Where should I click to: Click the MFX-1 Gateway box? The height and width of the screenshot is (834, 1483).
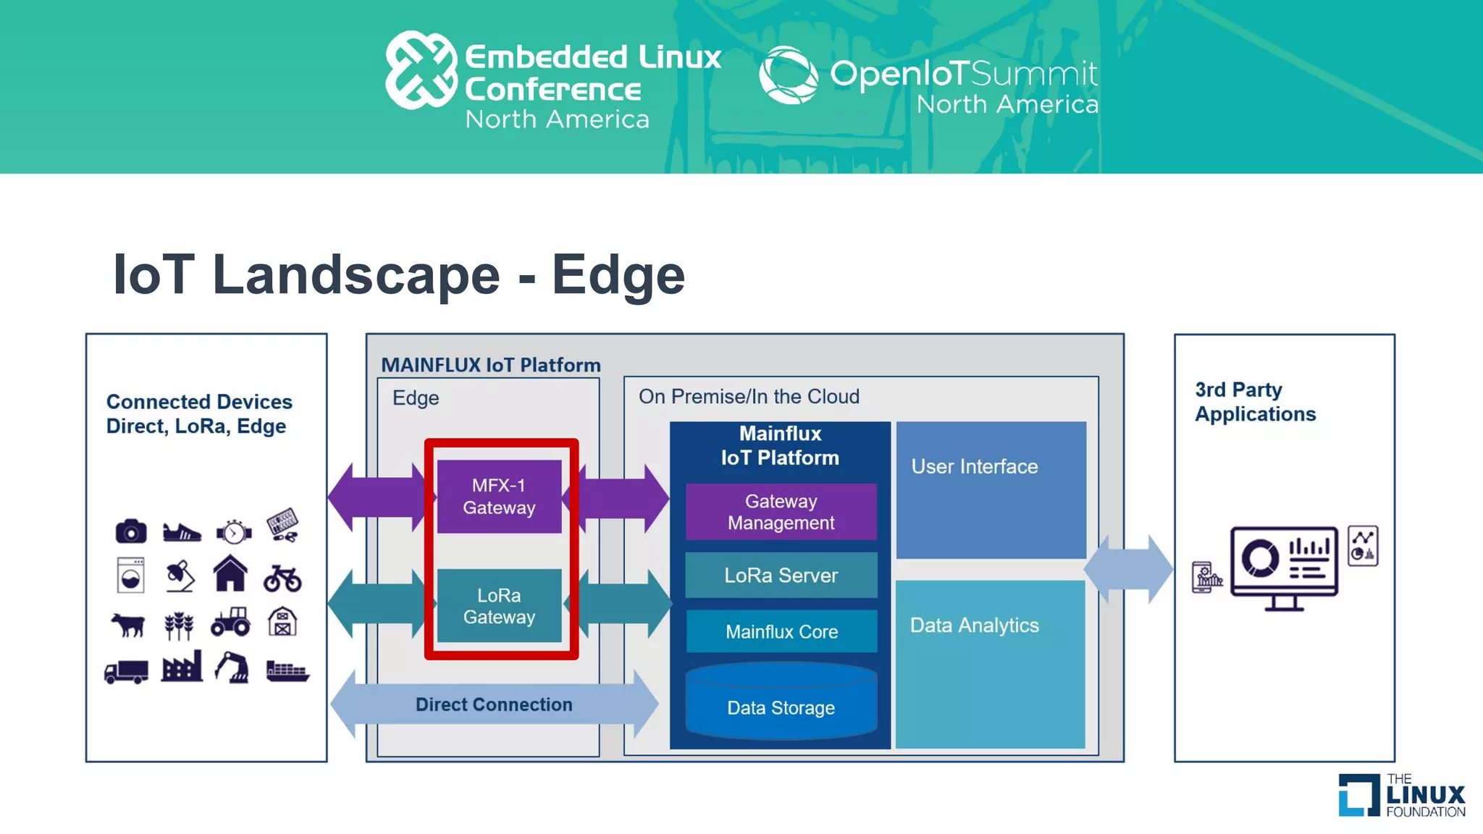499,497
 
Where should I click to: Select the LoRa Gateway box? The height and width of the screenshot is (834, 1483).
499,606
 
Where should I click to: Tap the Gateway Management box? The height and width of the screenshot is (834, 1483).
781,512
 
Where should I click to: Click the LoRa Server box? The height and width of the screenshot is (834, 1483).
781,576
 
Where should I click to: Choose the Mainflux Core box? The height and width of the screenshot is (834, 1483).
781,631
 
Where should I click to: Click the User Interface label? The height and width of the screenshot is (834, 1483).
974,467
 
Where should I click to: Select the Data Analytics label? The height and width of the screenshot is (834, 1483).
974,625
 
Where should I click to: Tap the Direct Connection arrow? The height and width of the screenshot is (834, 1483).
494,704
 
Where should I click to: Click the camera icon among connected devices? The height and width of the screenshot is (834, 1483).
131,531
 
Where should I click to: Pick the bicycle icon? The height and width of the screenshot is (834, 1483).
282,578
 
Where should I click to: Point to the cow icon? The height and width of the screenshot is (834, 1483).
129,624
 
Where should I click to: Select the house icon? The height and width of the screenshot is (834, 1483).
230,573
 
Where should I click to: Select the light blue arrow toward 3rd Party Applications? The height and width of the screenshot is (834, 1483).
1127,569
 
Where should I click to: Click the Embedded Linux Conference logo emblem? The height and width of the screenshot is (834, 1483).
421,70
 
